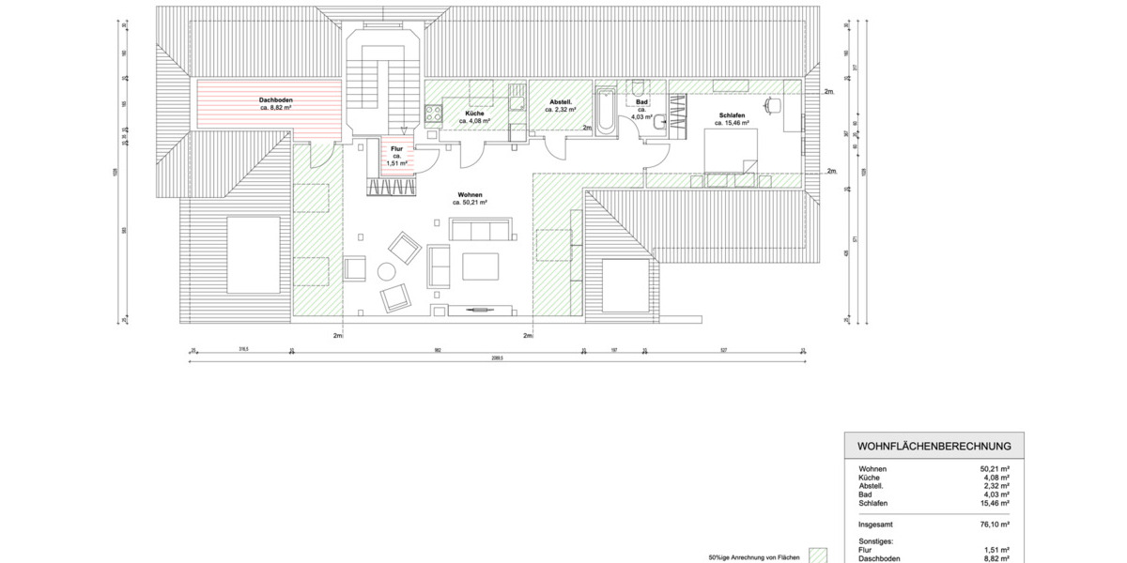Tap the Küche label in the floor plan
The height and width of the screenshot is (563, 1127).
[474, 114]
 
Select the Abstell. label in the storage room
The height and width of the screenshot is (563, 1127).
[561, 101]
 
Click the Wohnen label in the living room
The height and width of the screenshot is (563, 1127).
[470, 194]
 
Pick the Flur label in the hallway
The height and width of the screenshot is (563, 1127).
[396, 148]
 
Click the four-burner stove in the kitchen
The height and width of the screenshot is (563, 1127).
[434, 114]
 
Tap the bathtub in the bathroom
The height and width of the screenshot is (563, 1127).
[606, 112]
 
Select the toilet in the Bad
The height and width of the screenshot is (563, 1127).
[660, 120]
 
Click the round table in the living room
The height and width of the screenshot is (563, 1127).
[386, 272]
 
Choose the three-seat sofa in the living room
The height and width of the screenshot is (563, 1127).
[480, 229]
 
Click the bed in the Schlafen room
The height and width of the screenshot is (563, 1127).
[732, 151]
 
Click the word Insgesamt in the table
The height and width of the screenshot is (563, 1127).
[876, 525]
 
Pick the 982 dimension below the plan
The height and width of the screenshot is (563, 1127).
[438, 350]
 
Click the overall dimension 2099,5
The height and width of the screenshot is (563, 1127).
[499, 358]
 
